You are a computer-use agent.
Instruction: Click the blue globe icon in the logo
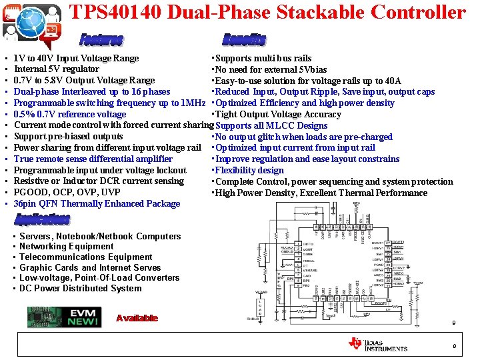[31, 21]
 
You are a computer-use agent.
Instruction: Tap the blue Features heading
[101, 40]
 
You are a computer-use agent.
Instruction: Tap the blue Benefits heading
[244, 40]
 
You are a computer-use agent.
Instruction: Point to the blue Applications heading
[42, 219]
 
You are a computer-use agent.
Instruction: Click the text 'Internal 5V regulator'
[57, 69]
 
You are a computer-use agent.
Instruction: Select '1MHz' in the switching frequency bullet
[193, 103]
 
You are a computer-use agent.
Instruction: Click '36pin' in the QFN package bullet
[25, 203]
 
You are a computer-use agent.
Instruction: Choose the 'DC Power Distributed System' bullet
[81, 288]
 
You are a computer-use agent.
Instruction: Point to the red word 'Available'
[137, 318]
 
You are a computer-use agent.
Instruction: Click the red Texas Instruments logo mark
[355, 343]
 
